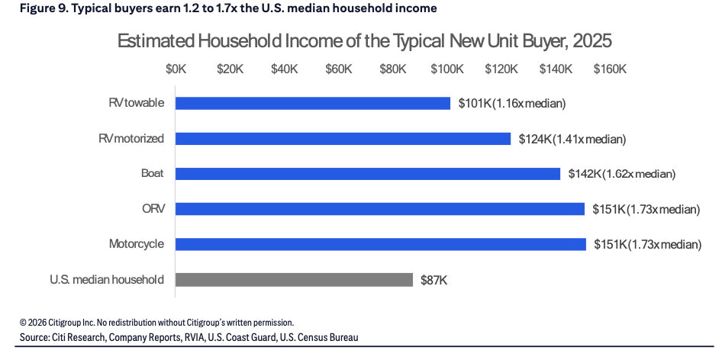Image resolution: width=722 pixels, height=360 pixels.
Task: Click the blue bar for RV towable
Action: pos(313,103)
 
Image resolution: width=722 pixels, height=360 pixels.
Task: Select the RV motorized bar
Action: pos(343,139)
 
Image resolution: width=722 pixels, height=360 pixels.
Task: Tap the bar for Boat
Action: pos(368,174)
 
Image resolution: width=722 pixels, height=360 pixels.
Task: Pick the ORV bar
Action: pos(380,209)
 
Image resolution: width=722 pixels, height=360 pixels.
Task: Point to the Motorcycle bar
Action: pos(381,244)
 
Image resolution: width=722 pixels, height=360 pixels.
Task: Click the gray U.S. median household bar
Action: pos(295,279)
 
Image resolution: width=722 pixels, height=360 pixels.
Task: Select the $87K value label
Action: pos(434,280)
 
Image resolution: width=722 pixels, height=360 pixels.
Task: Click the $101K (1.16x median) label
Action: pos(511,104)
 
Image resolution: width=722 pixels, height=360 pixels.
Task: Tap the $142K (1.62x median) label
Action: pos(621,174)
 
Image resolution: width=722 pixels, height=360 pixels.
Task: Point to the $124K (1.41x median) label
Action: pos(572,139)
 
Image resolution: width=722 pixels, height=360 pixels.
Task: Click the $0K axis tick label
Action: pos(176,69)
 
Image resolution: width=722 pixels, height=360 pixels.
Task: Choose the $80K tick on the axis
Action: pos(393,69)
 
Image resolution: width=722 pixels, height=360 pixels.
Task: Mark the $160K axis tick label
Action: pos(610,69)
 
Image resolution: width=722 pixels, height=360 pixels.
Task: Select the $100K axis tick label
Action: pos(447,69)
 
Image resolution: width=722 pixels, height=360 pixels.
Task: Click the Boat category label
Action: pos(153,174)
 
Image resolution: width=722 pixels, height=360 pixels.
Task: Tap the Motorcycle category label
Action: pos(137,244)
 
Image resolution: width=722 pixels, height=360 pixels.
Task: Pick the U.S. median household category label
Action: pos(107,279)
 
